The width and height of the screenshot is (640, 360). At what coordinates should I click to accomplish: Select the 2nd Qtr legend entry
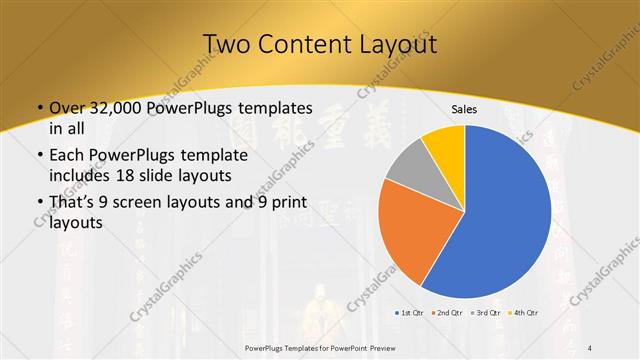coord(448,314)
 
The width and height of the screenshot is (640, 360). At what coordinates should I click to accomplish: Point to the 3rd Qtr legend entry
coord(487,314)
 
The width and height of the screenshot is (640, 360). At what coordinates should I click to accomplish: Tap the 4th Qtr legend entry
coord(524,314)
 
